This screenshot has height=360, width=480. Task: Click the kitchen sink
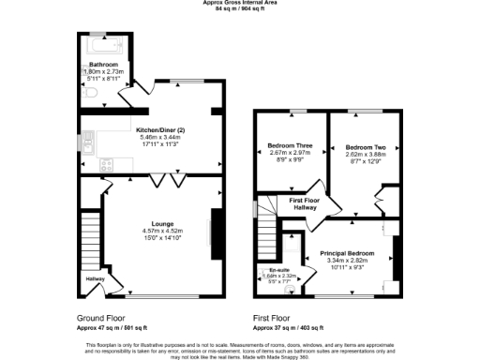click(85, 143)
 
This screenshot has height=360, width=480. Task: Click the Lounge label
click(156, 224)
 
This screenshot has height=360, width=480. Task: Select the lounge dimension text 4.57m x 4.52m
click(156, 231)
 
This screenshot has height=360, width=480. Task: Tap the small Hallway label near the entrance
click(97, 278)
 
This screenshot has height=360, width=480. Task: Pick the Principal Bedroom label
click(348, 254)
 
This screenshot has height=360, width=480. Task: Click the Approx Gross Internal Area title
click(240, 3)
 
